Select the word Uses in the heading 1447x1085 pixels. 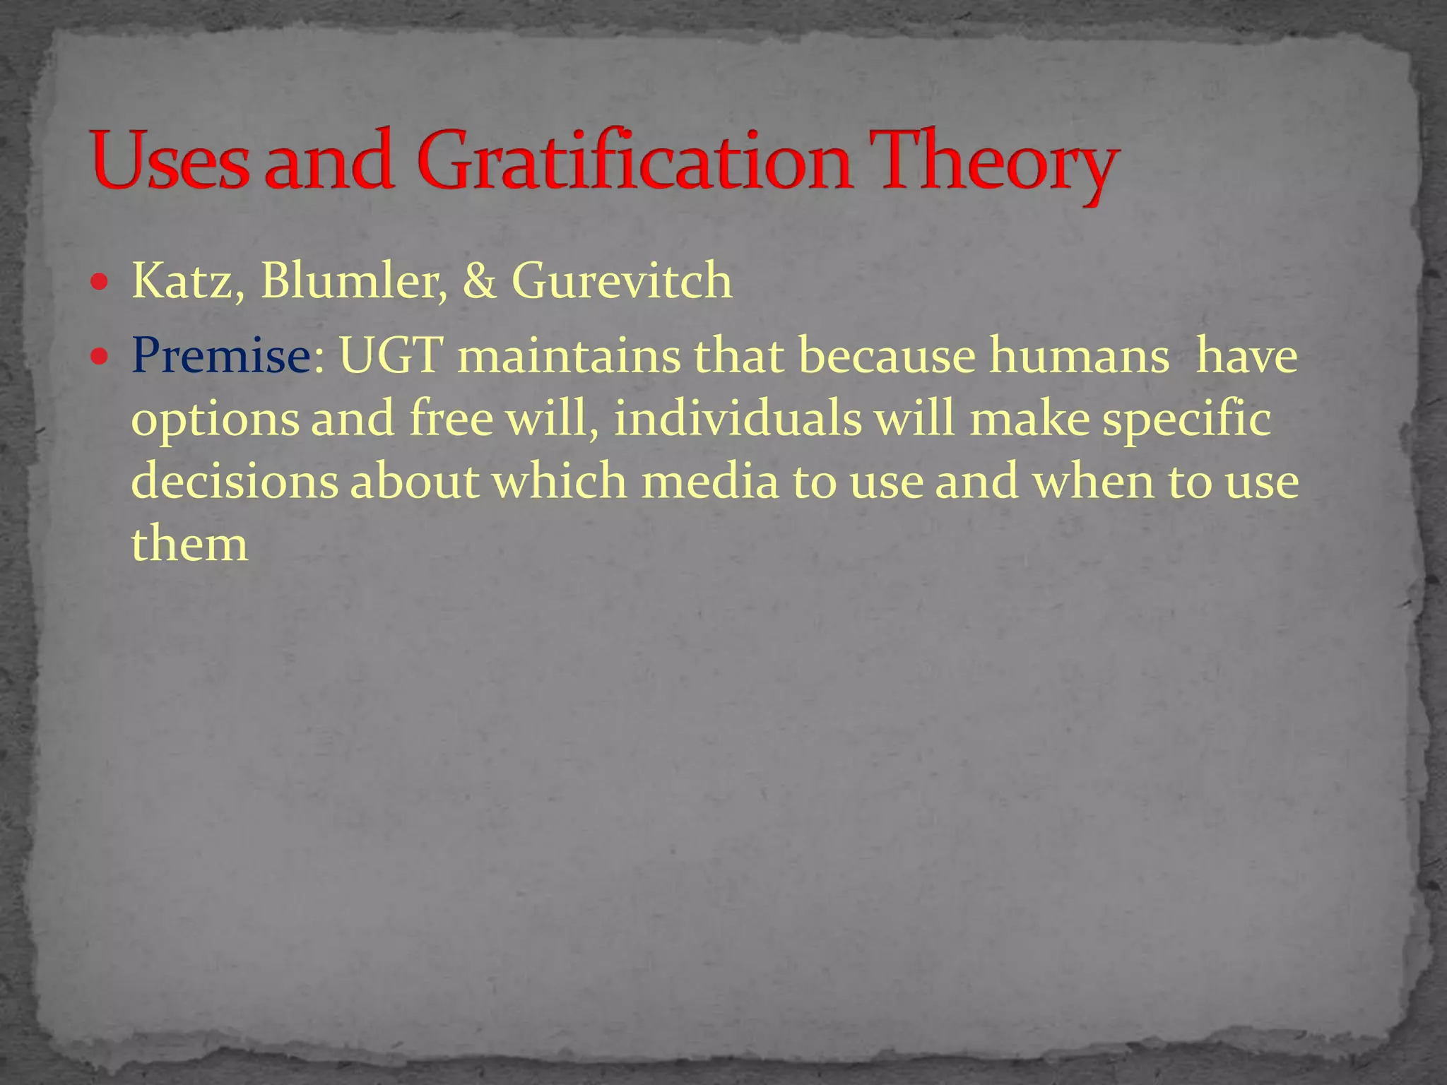[170, 161]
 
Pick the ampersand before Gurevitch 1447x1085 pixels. [480, 281]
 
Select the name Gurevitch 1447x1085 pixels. [622, 281]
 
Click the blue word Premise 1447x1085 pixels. [220, 355]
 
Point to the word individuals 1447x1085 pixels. [737, 418]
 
